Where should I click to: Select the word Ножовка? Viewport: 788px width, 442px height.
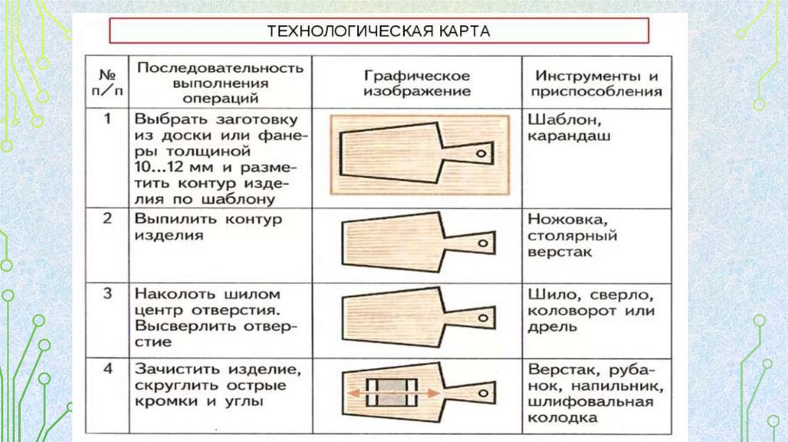click(x=561, y=219)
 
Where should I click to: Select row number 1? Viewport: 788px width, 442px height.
click(x=108, y=119)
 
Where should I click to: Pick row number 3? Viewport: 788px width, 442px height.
click(x=108, y=293)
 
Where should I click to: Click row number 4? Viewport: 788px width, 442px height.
click(x=108, y=369)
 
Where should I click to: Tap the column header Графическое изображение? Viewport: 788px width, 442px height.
click(x=417, y=84)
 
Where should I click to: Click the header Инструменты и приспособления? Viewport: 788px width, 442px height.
click(x=598, y=84)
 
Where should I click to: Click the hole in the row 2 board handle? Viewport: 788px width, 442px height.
click(x=482, y=243)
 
